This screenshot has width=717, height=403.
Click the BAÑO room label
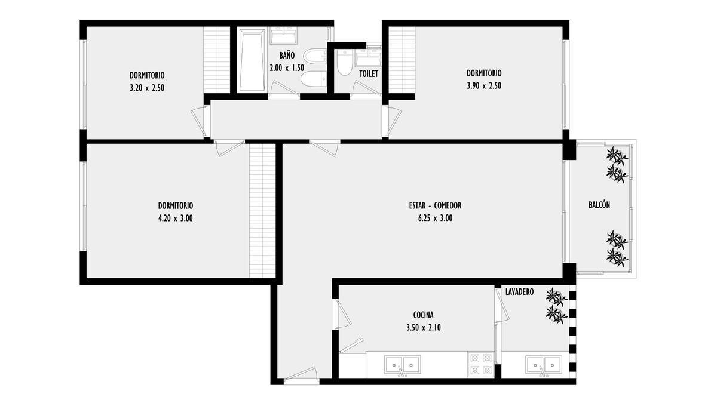pos(287,55)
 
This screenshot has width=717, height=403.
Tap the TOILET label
pos(369,74)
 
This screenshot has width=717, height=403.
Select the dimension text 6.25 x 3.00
pos(436,218)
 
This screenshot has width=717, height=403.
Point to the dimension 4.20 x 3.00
pos(176,218)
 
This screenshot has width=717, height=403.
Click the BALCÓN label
pos(599,204)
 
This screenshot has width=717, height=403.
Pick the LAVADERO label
pos(519,292)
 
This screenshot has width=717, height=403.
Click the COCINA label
pos(424,315)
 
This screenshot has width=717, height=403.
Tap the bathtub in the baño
pos(252,60)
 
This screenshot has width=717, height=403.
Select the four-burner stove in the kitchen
pos(481,364)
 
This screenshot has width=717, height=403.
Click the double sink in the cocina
pos(403,365)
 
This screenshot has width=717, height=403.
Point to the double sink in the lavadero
pos(544,365)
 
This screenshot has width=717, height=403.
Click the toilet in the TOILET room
pos(345,62)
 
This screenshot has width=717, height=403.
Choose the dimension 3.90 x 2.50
pos(484,86)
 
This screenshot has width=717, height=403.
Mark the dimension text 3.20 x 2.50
pos(147,88)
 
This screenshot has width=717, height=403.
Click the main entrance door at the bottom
pos(301,374)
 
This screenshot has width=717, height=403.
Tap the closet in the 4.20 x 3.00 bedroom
pos(262,211)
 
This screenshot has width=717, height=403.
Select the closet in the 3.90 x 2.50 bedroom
pos(402,60)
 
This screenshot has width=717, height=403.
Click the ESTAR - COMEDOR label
pos(436,205)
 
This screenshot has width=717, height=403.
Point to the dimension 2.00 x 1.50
pos(287,68)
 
